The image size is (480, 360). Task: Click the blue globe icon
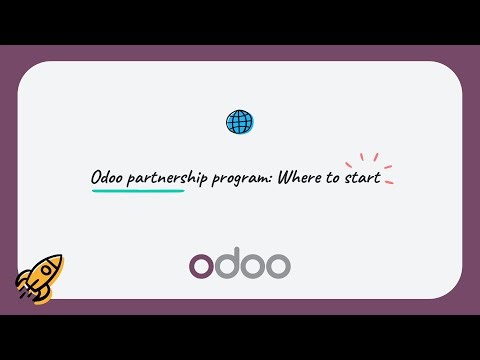pos(240,122)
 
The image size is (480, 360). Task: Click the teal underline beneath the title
pos(138,189)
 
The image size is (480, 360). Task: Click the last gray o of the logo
pos(278,266)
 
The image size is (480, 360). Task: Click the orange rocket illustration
pos(41,275)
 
